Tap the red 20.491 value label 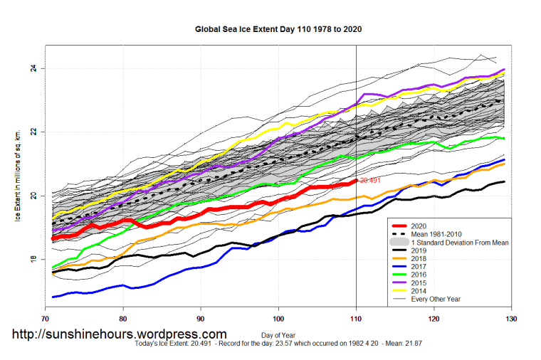tap(370, 181)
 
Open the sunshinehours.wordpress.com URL tap(118, 334)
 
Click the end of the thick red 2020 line tap(356, 181)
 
